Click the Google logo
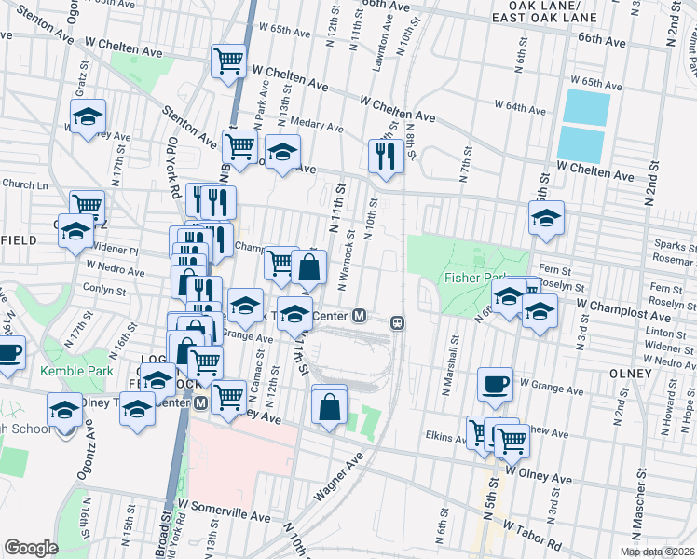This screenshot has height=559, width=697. (31, 548)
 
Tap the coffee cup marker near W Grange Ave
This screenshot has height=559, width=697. (495, 382)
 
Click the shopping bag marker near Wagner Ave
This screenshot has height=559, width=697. (329, 406)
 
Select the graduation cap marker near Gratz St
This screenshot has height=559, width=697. (88, 117)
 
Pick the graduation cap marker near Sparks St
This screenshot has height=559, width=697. (546, 220)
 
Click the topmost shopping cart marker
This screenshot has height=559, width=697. (229, 63)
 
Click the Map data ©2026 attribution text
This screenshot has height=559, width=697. (657, 552)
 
